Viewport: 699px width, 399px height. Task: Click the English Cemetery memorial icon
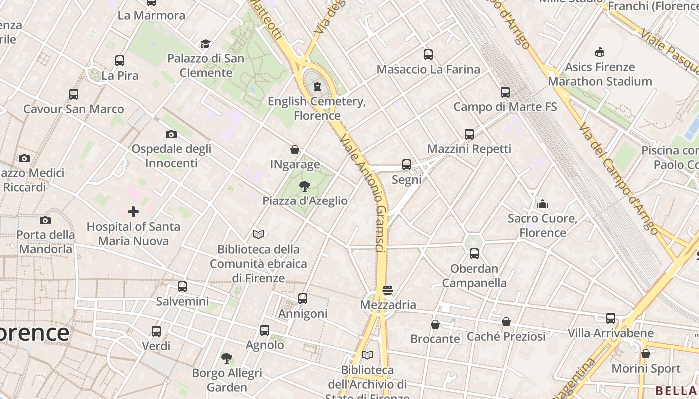pyautogui.click(x=317, y=87)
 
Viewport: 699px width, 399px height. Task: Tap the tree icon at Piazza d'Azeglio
pyautogui.click(x=304, y=186)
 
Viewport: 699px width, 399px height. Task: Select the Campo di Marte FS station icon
pyautogui.click(x=505, y=92)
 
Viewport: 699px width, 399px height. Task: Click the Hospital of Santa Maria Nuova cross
pyautogui.click(x=133, y=212)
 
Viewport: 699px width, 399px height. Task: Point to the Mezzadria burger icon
pyautogui.click(x=388, y=290)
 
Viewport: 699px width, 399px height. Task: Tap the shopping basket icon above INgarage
pyautogui.click(x=295, y=150)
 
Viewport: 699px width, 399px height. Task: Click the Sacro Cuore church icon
pyautogui.click(x=543, y=204)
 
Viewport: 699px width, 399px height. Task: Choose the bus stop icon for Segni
pyautogui.click(x=407, y=165)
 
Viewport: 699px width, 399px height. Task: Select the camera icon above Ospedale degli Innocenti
pyautogui.click(x=171, y=134)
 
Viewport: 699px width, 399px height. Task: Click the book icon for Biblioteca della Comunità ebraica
pyautogui.click(x=258, y=234)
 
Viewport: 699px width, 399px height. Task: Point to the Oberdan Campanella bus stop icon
pyautogui.click(x=474, y=254)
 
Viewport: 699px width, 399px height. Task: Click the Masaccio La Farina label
pyautogui.click(x=428, y=69)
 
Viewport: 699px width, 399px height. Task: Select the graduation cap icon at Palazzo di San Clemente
pyautogui.click(x=205, y=44)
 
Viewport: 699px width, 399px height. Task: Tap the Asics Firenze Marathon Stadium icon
pyautogui.click(x=600, y=52)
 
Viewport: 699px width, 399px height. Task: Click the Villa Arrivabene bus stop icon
pyautogui.click(x=611, y=318)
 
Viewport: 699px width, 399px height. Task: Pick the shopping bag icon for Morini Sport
pyautogui.click(x=646, y=354)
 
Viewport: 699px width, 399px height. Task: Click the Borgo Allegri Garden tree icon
pyautogui.click(x=227, y=358)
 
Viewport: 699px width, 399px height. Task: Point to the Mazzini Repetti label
pyautogui.click(x=469, y=149)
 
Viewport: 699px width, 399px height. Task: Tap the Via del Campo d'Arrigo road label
pyautogui.click(x=618, y=178)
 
